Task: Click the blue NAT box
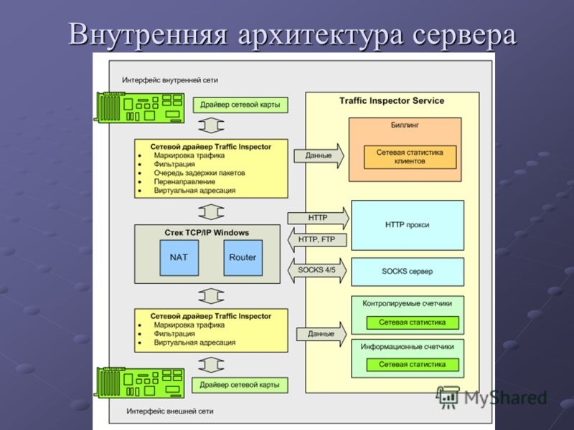pos(179,258)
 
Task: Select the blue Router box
pos(243,258)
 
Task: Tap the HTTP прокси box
pos(408,225)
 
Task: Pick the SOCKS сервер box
pos(408,272)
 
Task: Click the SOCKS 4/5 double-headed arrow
pos(317,271)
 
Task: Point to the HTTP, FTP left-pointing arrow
pos(317,240)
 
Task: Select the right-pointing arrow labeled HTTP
pos(318,219)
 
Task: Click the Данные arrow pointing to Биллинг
pos(319,156)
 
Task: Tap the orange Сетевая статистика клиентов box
pos(410,157)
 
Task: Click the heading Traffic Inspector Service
pos(392,101)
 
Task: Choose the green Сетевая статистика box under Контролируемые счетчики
pos(413,322)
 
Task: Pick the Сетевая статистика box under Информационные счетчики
pos(413,365)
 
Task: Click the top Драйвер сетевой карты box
pos(240,105)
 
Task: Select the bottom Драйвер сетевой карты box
pos(240,385)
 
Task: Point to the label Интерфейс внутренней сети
pos(170,80)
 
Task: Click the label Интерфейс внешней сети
pos(170,411)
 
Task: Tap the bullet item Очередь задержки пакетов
pos(199,173)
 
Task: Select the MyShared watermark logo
pos(491,397)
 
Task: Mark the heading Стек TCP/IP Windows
pos(207,233)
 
